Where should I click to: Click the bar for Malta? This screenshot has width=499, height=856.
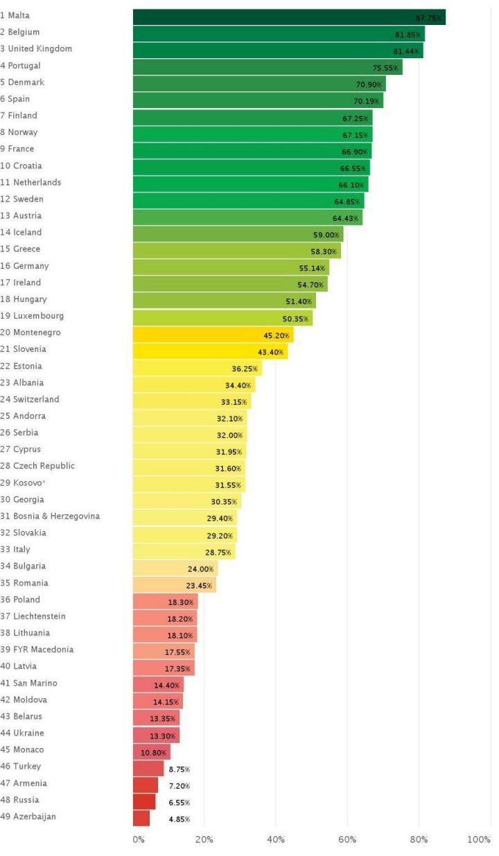(x=289, y=17)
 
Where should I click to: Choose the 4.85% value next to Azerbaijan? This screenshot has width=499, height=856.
(x=179, y=819)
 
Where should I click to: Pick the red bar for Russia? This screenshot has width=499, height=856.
(x=144, y=802)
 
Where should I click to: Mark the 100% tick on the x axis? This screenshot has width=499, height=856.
(x=479, y=839)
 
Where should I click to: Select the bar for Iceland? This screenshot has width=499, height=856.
(x=238, y=234)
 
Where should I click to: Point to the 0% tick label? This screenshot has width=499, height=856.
(x=139, y=839)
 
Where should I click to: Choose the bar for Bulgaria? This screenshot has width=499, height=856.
(x=175, y=569)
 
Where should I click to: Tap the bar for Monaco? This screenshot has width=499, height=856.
(x=151, y=752)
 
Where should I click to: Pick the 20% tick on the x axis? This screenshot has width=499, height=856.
(x=204, y=839)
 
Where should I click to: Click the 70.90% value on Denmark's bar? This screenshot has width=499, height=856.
(x=369, y=84)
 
